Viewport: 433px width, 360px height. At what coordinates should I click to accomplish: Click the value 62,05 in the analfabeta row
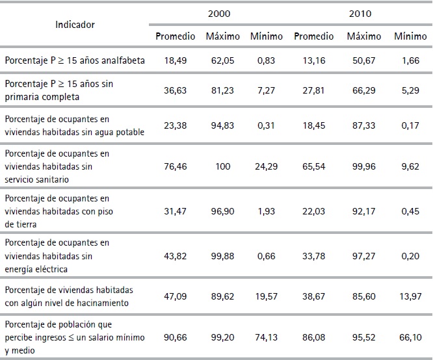tap(222, 60)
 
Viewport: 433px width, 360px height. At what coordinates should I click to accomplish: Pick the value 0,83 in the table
tap(266, 60)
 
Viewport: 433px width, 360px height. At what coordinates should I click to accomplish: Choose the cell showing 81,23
tap(222, 91)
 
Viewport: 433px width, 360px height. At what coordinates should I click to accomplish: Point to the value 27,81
tap(313, 91)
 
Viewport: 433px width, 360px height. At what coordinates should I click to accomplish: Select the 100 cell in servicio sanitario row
tap(222, 167)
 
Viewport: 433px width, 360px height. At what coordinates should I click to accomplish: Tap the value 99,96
tap(364, 167)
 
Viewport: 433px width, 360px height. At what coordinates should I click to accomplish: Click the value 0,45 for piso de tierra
tap(406, 212)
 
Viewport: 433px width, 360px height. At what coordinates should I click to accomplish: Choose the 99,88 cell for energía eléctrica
tap(222, 257)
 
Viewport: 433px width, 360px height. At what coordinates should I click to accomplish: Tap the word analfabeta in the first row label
tap(122, 60)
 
